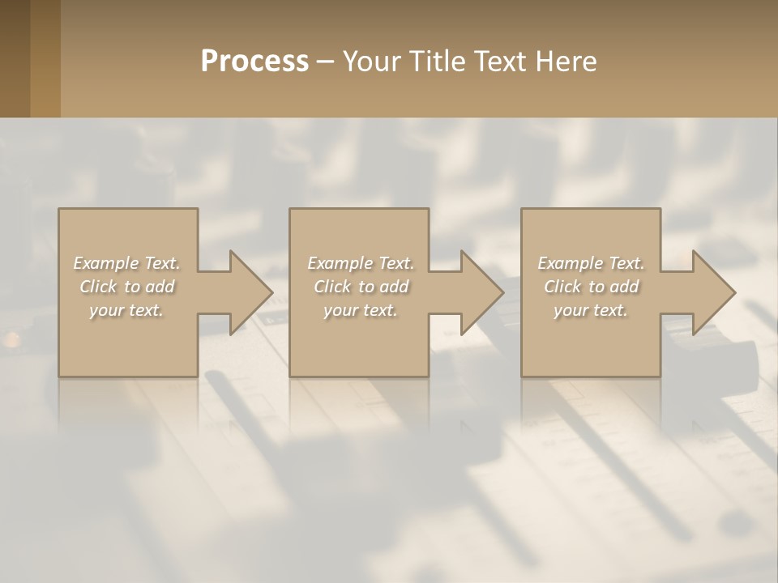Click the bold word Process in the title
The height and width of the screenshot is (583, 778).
(254, 62)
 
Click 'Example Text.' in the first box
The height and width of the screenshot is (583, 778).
(126, 263)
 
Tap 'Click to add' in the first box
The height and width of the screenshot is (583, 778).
(126, 287)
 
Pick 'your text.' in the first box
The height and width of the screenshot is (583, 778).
(126, 310)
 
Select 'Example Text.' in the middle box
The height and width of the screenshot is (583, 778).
(360, 263)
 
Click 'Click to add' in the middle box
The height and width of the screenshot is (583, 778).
(360, 287)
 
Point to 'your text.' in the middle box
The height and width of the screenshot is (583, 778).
(360, 310)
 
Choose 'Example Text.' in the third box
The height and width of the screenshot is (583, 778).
(590, 263)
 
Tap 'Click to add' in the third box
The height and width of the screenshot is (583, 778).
(590, 287)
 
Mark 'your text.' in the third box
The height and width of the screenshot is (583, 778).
(590, 310)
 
